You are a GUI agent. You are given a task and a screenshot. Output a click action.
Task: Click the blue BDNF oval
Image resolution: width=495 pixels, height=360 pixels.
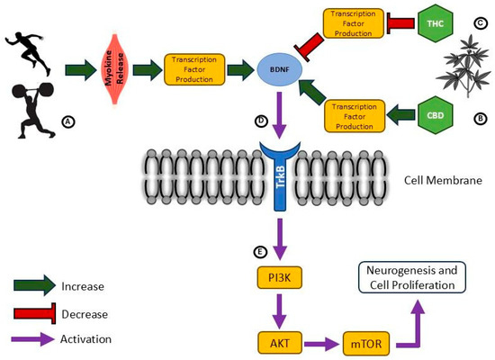[x=280, y=69]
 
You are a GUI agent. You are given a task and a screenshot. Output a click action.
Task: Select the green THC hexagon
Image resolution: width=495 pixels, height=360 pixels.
[x=436, y=23]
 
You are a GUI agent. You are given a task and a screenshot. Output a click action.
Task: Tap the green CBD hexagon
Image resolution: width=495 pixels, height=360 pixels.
[x=436, y=115]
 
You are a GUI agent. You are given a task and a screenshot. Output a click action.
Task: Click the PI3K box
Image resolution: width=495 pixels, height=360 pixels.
[x=280, y=277]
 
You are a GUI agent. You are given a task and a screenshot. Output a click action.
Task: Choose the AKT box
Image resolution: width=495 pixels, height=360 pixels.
[x=280, y=343]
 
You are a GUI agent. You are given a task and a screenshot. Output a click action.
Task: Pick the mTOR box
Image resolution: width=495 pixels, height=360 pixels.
[x=366, y=343]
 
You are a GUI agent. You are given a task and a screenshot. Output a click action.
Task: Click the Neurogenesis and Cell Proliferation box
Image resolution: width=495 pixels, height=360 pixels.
[x=412, y=277]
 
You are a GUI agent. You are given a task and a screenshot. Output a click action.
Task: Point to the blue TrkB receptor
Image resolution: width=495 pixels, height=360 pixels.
[x=280, y=175]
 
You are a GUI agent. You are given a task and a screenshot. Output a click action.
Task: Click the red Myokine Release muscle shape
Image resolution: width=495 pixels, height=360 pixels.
[x=114, y=68]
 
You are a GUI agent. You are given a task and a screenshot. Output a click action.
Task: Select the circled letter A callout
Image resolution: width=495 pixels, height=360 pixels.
[x=68, y=121]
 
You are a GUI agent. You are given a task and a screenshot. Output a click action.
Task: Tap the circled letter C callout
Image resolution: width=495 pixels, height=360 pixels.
[x=481, y=23]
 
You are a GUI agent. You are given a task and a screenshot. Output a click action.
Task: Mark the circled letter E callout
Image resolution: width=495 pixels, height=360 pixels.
[x=260, y=252]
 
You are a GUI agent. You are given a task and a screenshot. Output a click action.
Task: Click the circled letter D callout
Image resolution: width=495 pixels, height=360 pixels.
[x=261, y=121]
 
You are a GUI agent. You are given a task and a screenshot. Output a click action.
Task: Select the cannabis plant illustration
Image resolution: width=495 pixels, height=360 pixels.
[x=463, y=67]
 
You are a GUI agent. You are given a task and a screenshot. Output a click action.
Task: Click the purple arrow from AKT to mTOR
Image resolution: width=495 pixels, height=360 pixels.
[x=321, y=343]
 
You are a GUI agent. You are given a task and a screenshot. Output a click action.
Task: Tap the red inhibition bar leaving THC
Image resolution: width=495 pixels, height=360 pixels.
[x=400, y=23]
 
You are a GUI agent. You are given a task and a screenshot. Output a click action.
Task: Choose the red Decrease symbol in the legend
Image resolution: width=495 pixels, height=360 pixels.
[x=35, y=313]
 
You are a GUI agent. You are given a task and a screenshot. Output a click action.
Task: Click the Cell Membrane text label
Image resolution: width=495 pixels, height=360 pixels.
[x=443, y=180]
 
